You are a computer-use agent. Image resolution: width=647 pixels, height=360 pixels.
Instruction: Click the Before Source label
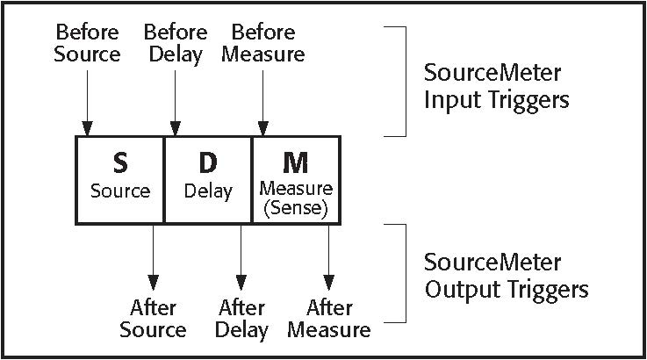(x=87, y=43)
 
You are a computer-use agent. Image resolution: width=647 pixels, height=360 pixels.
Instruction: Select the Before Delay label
(x=176, y=43)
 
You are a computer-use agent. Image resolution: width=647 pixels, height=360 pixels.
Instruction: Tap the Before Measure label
(x=262, y=43)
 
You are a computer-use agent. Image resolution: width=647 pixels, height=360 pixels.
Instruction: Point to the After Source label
(x=153, y=319)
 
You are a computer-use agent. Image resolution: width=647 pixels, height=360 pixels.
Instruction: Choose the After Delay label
(x=241, y=319)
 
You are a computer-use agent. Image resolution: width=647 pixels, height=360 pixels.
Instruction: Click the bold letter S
(x=120, y=164)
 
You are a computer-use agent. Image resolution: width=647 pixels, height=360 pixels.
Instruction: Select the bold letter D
(x=208, y=164)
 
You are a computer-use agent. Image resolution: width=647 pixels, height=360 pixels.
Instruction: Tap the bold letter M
(x=296, y=163)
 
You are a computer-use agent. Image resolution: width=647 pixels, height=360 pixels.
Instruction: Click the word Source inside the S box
(x=120, y=191)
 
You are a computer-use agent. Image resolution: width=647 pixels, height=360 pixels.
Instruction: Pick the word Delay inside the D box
(x=208, y=191)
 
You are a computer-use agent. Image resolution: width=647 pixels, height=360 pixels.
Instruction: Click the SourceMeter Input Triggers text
(x=496, y=85)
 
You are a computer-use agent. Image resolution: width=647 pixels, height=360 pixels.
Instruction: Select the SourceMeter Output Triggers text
(x=506, y=275)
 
